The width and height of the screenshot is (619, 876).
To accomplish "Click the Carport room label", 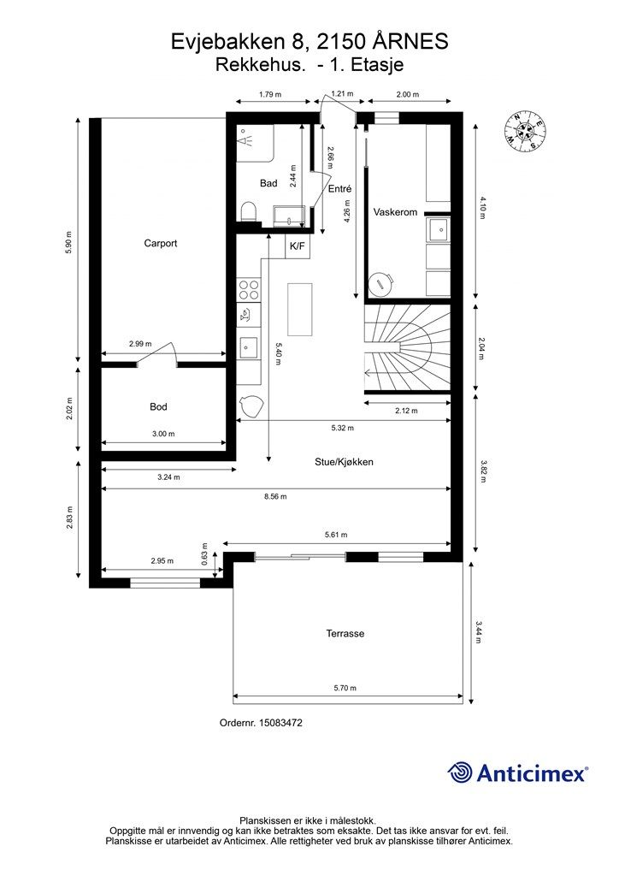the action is point(160,243).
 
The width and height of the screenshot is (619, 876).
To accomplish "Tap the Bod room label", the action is point(158,406).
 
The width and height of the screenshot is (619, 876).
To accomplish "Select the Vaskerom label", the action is point(395,212).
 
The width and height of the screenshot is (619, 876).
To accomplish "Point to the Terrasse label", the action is point(345,634).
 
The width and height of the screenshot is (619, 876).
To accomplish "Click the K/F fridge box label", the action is point(298,246).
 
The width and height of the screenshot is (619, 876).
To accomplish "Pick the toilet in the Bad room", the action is point(249,212).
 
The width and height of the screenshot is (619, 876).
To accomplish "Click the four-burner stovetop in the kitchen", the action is point(249,290).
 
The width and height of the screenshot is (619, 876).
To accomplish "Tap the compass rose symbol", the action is point(525,132).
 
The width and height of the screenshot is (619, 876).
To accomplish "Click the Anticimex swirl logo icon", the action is point(460,773).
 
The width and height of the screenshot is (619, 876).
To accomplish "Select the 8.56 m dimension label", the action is point(276,496).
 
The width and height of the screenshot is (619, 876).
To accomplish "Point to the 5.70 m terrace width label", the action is point(345,688).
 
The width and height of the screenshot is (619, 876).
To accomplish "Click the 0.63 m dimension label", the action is point(204,553).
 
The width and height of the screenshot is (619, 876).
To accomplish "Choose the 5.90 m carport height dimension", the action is point(69,242).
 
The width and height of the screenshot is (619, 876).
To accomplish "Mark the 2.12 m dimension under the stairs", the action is point(406,411).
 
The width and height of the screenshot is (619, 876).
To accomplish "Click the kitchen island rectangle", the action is point(300,309).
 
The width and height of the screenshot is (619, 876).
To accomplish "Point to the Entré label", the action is point(339,189).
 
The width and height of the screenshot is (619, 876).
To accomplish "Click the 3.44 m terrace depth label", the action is point(478,632).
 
